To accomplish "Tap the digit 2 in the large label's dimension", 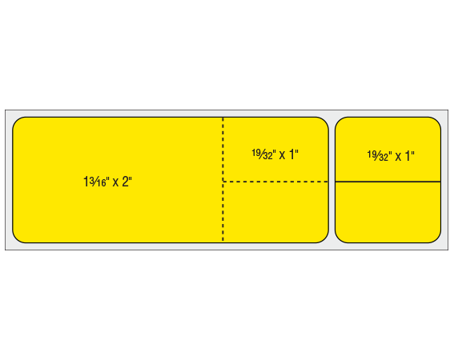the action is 125,182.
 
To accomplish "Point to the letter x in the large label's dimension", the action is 115,182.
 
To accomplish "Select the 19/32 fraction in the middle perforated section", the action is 262,154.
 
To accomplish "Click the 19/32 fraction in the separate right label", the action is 378,156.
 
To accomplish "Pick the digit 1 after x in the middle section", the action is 291,154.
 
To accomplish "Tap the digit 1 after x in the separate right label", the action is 408,156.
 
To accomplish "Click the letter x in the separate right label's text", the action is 398,157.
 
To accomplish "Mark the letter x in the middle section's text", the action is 282,156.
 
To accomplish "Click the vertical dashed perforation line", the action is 223,179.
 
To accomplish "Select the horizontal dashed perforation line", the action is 275,182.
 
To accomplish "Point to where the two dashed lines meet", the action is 223,182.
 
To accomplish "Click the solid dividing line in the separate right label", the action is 388,182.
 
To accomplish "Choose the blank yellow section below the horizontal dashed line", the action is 275,212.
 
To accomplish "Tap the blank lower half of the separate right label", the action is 388,212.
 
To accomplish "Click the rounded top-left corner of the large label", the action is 17,121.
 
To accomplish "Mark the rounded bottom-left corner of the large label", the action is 17,238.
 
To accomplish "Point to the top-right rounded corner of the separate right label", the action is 437,121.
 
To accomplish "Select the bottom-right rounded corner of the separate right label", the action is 437,238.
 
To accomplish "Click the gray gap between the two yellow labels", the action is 331,180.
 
